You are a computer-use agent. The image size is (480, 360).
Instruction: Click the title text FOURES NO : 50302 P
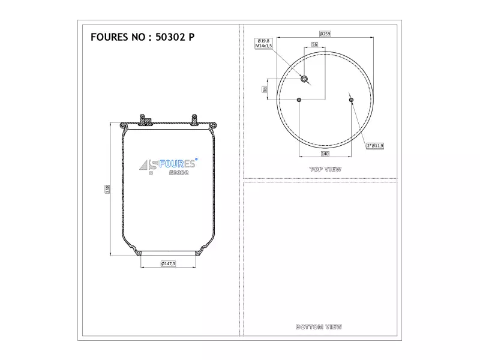(x=142, y=37)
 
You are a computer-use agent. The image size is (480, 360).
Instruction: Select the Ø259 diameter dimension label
(x=325, y=34)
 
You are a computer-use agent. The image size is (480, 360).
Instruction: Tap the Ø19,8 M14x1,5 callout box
(x=263, y=43)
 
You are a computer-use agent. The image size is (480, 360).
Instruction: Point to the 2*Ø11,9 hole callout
(x=375, y=146)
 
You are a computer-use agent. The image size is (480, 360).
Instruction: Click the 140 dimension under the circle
(x=325, y=154)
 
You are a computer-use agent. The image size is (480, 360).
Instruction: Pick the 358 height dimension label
(x=107, y=189)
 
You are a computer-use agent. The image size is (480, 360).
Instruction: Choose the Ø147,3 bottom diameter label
(x=168, y=263)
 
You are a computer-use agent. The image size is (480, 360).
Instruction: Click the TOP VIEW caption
(x=325, y=169)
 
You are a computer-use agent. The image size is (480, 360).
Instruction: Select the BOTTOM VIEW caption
(x=319, y=327)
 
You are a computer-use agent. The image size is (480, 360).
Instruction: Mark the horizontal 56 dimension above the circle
(x=314, y=44)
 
